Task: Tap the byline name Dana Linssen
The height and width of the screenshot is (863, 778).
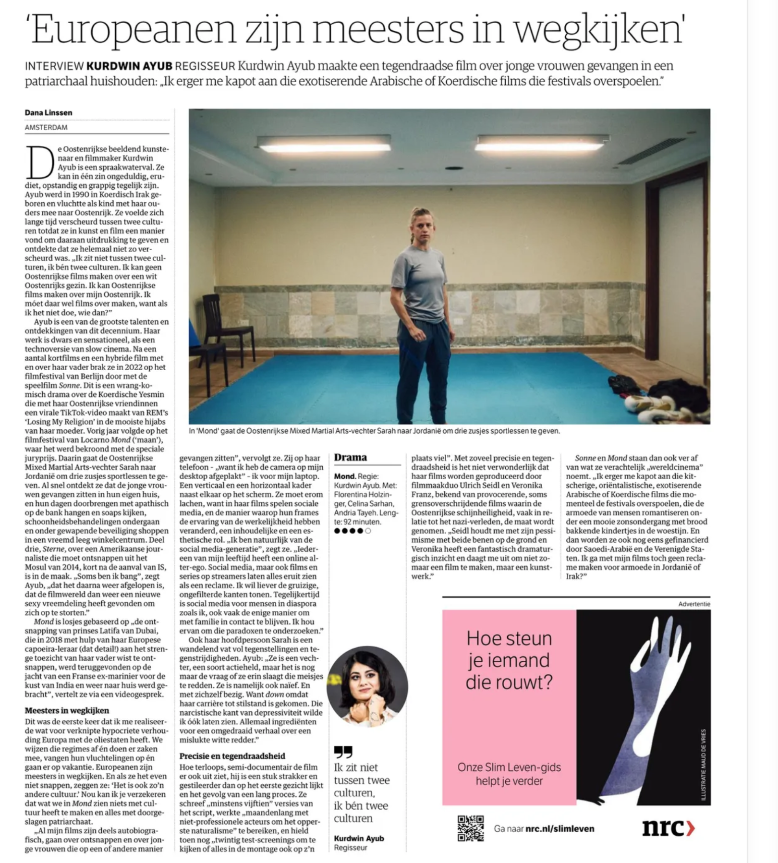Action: click(x=49, y=113)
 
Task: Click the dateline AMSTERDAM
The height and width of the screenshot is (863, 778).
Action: click(x=46, y=128)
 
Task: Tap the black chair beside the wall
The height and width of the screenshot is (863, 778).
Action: click(x=226, y=327)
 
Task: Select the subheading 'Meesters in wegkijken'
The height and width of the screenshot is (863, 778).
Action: click(x=67, y=711)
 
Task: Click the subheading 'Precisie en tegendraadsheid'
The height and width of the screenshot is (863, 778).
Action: click(x=232, y=756)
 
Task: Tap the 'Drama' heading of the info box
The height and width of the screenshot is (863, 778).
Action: click(x=351, y=458)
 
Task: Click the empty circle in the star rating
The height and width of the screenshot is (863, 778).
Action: click(x=368, y=531)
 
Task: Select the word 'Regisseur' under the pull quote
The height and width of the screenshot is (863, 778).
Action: click(x=351, y=848)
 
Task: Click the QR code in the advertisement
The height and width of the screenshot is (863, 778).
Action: click(x=470, y=828)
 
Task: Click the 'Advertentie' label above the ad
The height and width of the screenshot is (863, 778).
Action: click(x=694, y=604)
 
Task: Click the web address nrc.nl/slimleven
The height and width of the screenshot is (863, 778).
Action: click(x=559, y=829)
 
